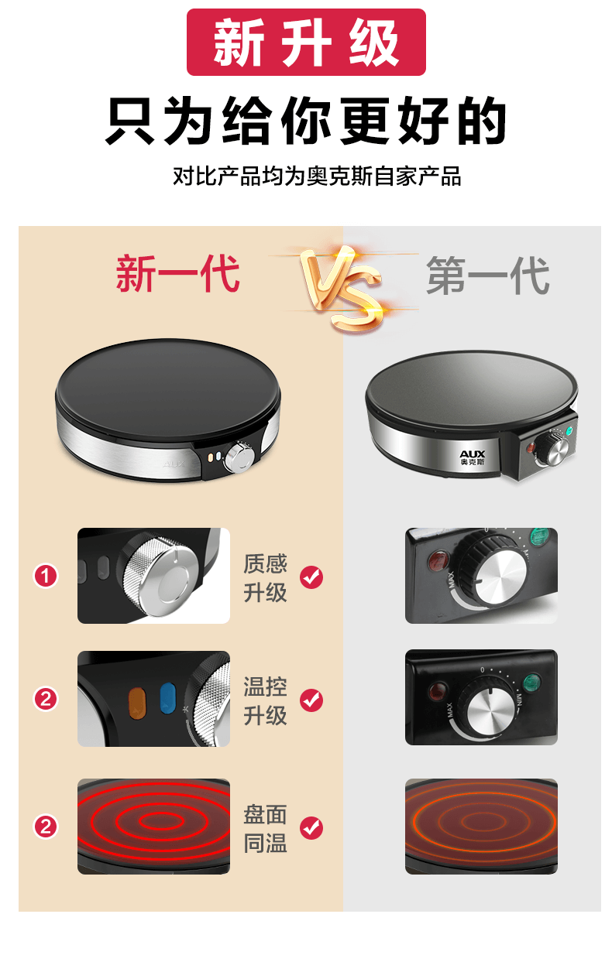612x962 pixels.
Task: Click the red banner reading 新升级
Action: (306, 42)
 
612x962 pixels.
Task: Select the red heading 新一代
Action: (177, 273)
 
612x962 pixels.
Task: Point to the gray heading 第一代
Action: (488, 276)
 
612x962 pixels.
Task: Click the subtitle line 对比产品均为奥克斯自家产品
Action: (317, 176)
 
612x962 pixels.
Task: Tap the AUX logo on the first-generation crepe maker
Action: (473, 457)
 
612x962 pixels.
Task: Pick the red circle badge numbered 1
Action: (46, 576)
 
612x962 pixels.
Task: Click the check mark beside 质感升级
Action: (311, 577)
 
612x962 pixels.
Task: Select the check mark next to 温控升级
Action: (311, 700)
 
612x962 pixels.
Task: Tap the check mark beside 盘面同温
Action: (311, 827)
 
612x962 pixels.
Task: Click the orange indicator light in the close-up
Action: (137, 703)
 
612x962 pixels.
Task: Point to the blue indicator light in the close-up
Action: (167, 698)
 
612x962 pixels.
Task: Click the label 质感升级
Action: (265, 577)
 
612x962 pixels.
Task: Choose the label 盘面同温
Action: (265, 828)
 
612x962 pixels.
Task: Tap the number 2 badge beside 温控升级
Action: (46, 699)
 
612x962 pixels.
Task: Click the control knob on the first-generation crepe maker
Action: (552, 449)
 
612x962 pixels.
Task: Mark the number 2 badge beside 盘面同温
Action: (46, 826)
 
